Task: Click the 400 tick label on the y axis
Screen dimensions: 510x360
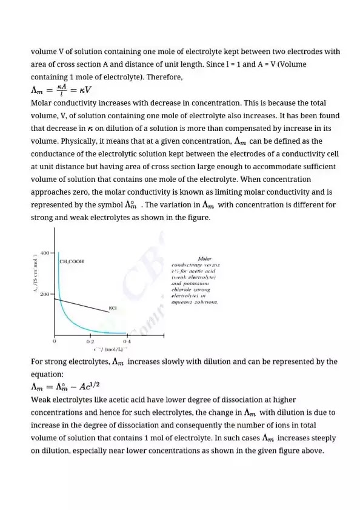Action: click(45, 252)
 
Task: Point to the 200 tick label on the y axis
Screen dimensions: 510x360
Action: click(45, 294)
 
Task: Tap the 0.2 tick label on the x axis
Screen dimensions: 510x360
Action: click(90, 341)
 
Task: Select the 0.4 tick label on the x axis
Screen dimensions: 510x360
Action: click(127, 341)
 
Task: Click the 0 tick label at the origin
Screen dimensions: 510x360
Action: click(55, 341)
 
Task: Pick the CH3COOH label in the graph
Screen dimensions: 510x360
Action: click(72, 261)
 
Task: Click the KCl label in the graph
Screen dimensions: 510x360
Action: click(112, 308)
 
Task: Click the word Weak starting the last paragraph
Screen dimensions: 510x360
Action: click(41, 400)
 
